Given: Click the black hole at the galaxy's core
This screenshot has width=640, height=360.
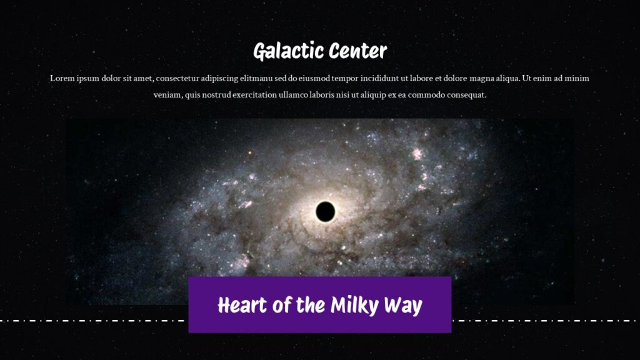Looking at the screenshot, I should tap(324, 212).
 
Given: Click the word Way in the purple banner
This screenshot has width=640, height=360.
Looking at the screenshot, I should tap(405, 306).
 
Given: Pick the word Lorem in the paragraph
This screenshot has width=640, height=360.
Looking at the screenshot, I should tap(62, 79).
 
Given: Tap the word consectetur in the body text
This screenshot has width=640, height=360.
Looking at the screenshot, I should tap(180, 79).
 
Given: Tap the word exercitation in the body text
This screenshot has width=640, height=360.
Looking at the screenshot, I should tap(252, 96).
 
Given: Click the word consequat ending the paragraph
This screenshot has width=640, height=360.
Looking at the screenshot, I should tap(466, 96).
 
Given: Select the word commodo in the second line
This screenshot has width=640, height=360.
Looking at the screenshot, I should tap(424, 96).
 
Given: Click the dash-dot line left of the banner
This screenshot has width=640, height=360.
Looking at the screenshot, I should tap(94, 321).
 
